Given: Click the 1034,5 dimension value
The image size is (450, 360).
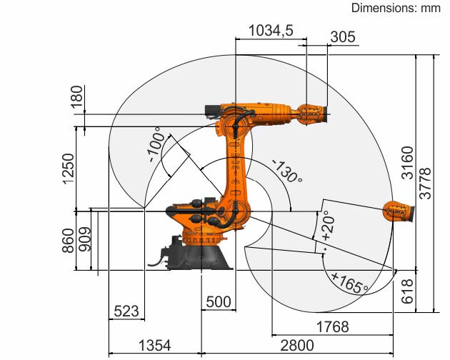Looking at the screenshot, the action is [271, 31].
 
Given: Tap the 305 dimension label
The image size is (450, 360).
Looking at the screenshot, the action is [343, 37].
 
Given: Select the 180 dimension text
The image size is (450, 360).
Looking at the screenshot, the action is [76, 96].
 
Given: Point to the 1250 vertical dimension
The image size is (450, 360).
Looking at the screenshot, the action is [69, 169].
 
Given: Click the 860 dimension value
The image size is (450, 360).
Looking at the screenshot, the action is [68, 241].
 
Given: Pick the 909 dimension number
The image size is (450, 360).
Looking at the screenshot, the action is [85, 239].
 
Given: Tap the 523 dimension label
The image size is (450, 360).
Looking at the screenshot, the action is [126, 311].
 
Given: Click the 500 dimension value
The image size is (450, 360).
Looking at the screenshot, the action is [219, 302].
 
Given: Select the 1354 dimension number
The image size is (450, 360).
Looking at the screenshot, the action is [155, 345].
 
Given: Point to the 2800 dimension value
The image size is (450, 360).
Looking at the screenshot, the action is [297, 346].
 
